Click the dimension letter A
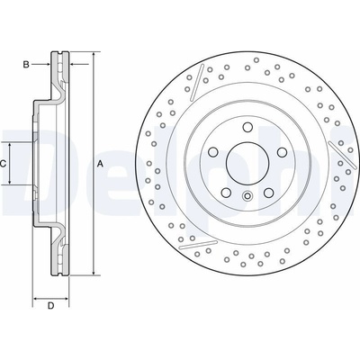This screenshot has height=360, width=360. (x=101, y=164)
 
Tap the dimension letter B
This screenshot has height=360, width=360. (x=26, y=65)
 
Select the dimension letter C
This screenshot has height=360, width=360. (x=3, y=164)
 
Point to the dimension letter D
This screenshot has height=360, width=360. (x=51, y=306)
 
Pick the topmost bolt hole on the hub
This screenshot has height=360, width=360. (x=247, y=127)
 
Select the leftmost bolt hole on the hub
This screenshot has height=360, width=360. (x=212, y=152)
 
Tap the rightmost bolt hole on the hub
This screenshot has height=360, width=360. (x=282, y=152)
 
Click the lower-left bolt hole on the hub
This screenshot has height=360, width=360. (x=226, y=192)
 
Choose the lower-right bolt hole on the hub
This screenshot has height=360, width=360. (x=268, y=192)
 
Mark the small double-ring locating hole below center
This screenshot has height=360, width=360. (x=247, y=196)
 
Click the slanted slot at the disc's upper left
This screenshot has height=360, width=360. (x=197, y=82)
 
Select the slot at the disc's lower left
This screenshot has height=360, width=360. (x=198, y=245)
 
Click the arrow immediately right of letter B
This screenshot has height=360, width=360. (x=40, y=64)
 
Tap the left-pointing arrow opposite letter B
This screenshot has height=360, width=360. (x=79, y=64)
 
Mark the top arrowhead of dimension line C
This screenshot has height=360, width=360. (x=10, y=146)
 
